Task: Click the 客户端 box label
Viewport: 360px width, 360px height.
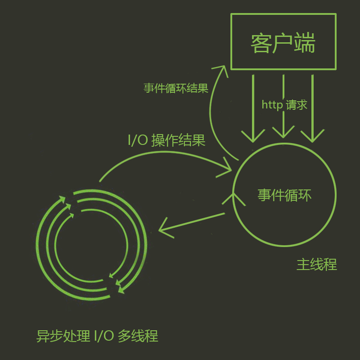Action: (283, 43)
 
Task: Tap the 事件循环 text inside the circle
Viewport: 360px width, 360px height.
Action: (284, 195)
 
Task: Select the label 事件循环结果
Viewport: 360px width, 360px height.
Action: (176, 88)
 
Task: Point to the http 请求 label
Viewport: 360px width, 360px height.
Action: (284, 105)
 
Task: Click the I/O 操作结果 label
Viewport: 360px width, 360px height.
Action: (166, 140)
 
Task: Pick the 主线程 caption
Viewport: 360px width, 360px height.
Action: (317, 264)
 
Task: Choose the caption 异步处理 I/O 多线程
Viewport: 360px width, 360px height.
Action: (97, 336)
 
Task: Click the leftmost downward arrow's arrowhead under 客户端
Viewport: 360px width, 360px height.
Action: (253, 136)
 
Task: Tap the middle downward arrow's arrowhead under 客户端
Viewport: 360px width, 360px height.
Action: (283, 132)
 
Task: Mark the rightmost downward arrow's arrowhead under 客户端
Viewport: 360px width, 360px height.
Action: (312, 136)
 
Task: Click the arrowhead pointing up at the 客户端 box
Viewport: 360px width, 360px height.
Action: (221, 70)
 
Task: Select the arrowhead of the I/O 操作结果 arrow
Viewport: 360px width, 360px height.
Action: (225, 168)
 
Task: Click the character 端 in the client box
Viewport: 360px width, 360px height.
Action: (305, 43)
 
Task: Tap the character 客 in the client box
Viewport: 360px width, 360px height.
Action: (261, 43)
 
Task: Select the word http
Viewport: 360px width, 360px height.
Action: (272, 105)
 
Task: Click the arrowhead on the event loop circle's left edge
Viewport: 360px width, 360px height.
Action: (234, 199)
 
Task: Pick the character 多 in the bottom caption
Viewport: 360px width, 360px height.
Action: (125, 336)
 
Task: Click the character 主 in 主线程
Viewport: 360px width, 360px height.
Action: (303, 264)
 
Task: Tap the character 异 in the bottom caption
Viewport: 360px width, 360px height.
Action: (43, 336)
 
